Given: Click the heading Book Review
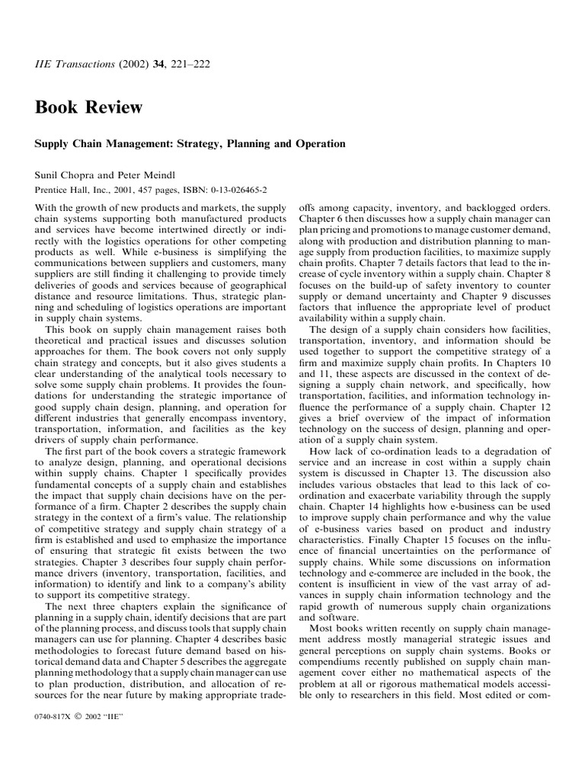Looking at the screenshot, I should (88, 107).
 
